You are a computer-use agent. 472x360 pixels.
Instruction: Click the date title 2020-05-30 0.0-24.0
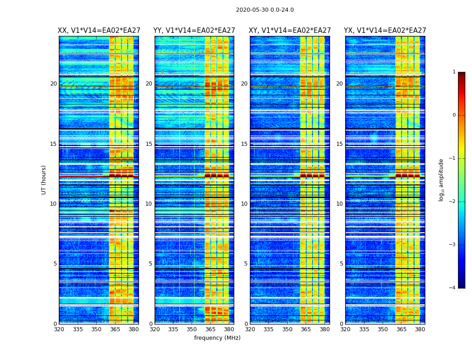[265, 10]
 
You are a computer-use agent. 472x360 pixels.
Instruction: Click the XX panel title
[99, 31]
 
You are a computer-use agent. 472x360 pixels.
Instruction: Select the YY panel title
[194, 31]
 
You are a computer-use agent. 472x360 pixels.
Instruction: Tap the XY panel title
[290, 31]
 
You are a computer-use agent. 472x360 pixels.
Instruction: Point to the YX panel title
[385, 31]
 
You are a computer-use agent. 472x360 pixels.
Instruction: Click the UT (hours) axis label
[44, 180]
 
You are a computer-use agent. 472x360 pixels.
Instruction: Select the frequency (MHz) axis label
[217, 338]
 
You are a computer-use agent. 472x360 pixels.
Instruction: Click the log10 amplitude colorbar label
[441, 180]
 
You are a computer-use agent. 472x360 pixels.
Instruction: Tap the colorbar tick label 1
[454, 72]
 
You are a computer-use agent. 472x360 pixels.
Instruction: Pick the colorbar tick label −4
[453, 288]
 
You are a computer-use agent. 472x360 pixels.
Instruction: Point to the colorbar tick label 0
[454, 115]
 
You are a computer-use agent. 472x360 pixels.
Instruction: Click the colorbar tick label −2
[453, 202]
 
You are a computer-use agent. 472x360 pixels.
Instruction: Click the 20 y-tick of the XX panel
[53, 84]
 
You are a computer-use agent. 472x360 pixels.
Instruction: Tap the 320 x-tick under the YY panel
[155, 329]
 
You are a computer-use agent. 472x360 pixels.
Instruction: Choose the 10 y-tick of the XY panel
[245, 204]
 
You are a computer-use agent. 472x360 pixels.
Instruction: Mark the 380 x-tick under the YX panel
[420, 329]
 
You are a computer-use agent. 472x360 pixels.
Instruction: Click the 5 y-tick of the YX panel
[341, 264]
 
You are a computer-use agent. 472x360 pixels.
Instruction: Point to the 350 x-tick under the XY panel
[287, 329]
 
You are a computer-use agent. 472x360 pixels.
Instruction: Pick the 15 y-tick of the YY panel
[149, 144]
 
